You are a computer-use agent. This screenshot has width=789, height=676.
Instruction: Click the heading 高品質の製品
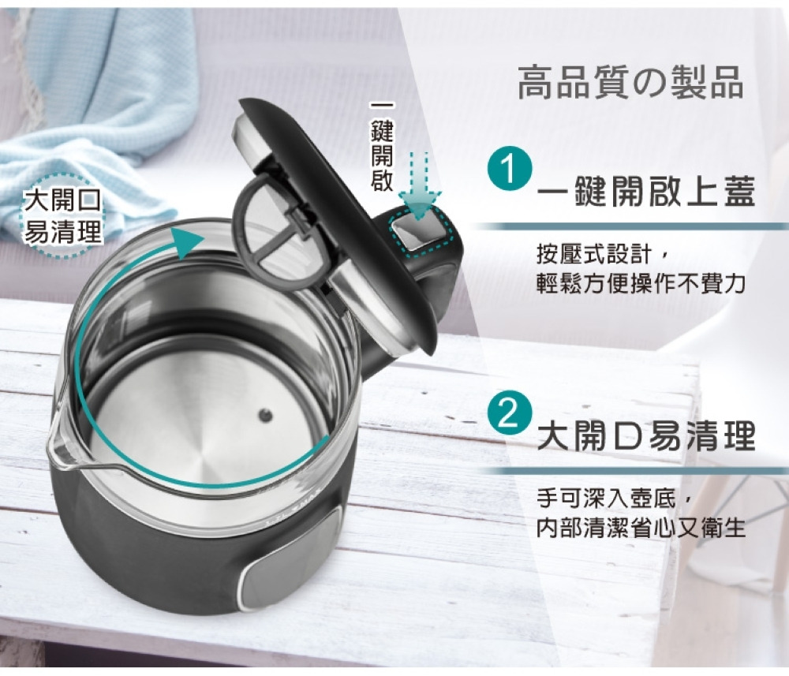click(x=630, y=83)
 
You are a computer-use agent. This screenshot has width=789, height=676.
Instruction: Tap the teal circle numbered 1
click(x=510, y=168)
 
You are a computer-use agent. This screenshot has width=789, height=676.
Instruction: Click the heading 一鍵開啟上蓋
click(x=647, y=192)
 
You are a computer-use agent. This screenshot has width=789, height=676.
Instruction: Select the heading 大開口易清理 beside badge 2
click(x=647, y=435)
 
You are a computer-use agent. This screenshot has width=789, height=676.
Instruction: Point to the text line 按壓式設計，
click(x=603, y=254)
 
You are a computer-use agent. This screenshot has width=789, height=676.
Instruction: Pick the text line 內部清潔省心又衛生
click(x=641, y=528)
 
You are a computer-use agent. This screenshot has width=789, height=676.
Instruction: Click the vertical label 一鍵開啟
click(x=382, y=147)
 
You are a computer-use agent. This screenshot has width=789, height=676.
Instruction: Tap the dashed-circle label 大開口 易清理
click(x=63, y=216)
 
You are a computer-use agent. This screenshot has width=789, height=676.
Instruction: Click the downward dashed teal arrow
click(x=419, y=185)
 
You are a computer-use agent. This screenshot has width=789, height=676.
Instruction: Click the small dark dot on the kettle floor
click(x=265, y=416)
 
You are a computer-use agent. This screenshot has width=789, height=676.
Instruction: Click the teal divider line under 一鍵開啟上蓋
click(x=630, y=226)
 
